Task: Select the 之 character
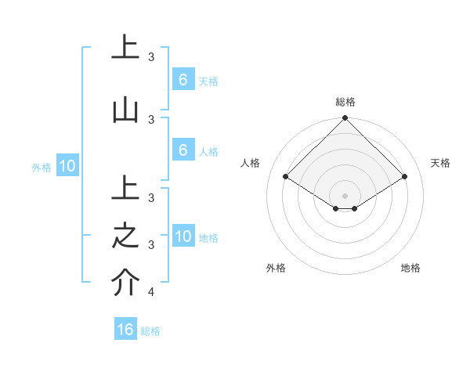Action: pyautogui.click(x=125, y=235)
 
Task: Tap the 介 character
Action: pyautogui.click(x=125, y=282)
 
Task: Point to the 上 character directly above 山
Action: pyautogui.click(x=125, y=47)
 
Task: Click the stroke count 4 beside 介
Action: pyautogui.click(x=151, y=292)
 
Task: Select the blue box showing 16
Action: pyautogui.click(x=125, y=330)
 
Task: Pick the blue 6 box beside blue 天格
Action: pyautogui.click(x=183, y=79)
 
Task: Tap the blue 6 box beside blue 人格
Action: pyautogui.click(x=183, y=150)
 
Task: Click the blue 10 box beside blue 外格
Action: pyautogui.click(x=67, y=165)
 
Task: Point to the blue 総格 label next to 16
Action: pyautogui.click(x=150, y=331)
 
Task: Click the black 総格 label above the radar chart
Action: pyautogui.click(x=345, y=102)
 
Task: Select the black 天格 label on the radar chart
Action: pyautogui.click(x=440, y=163)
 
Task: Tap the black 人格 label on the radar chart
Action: pyautogui.click(x=251, y=163)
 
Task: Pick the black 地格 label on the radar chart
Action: pyautogui.click(x=410, y=268)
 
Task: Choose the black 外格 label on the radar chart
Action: pyautogui.click(x=276, y=268)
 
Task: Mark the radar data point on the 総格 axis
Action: pyautogui.click(x=345, y=118)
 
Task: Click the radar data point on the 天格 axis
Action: pyautogui.click(x=405, y=177)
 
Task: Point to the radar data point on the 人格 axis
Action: pyautogui.click(x=286, y=177)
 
